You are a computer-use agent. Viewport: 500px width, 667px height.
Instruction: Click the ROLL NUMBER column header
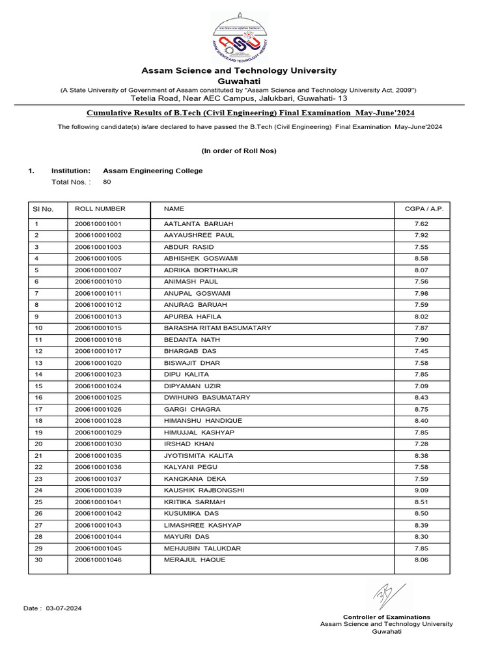[x=100, y=209]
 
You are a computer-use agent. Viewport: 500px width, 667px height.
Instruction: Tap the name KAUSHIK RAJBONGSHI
[x=204, y=490]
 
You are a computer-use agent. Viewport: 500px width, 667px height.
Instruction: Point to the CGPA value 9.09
[x=421, y=490]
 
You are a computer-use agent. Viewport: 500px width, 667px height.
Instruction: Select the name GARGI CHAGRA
[x=192, y=409]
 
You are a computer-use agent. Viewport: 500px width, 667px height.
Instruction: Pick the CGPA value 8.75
[x=421, y=409]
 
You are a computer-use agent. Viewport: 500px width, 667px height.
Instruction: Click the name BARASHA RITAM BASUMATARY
[x=217, y=328]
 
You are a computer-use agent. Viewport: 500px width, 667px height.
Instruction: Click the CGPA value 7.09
[x=421, y=386]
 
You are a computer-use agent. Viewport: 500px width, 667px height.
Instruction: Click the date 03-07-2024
[x=64, y=608]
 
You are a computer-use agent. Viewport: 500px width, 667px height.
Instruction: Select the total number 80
[x=107, y=182]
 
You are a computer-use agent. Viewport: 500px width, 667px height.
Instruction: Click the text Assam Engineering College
[x=153, y=171]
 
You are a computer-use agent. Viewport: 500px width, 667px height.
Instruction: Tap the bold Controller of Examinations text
[x=386, y=617]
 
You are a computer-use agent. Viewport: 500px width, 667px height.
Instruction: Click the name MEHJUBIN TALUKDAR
[x=202, y=548]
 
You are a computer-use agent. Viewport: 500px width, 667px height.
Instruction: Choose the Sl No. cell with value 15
[x=38, y=386]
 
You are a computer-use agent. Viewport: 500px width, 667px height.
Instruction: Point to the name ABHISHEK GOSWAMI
[x=201, y=259]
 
